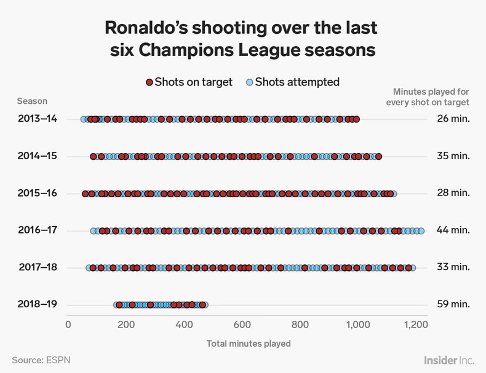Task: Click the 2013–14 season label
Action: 38,119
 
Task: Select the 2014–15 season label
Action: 38,156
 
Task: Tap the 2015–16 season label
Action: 38,193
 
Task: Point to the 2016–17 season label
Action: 38,230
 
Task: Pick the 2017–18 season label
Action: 38,267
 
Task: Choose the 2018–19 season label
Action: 38,305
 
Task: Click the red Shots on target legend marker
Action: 149,82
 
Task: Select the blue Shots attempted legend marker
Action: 249,82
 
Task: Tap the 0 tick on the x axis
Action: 68,325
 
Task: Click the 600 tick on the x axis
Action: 242,325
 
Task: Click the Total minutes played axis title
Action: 249,343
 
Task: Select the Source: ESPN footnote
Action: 41,359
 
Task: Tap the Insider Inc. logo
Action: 449,359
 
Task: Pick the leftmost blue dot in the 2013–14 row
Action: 84,119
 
